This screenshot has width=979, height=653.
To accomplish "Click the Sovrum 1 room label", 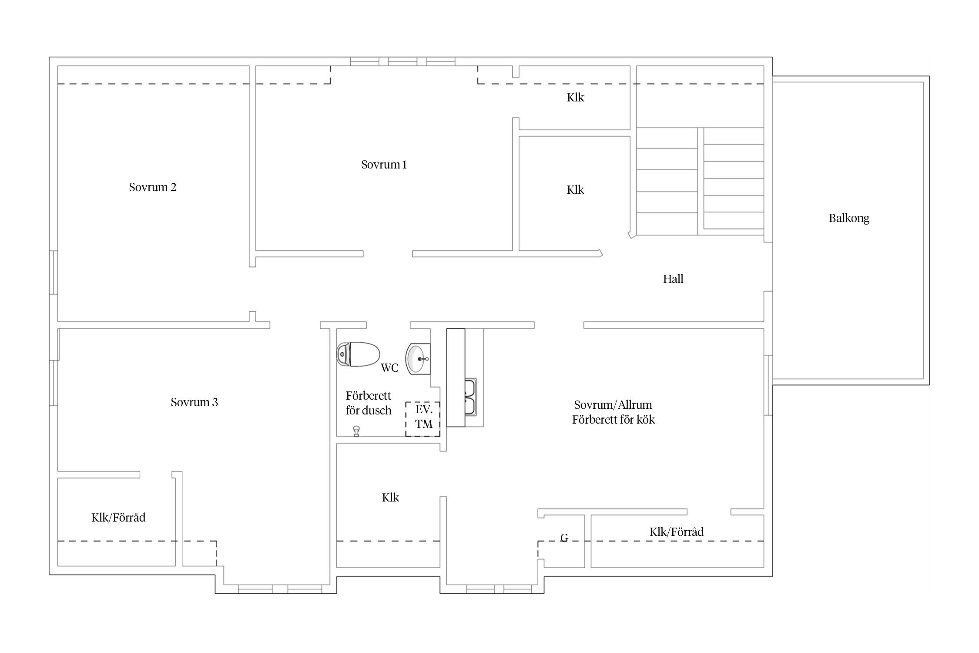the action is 384,165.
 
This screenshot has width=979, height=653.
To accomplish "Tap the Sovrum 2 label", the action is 153,187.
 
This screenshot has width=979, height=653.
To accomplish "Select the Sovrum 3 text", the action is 194,402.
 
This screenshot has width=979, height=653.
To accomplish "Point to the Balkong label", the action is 849,218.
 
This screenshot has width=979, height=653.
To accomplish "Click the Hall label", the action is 673,279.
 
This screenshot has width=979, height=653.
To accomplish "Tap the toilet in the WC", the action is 358,354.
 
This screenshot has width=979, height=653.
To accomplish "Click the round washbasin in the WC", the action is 418,359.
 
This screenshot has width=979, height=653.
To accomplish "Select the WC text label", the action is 389,368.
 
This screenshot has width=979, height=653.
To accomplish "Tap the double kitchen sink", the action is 470,397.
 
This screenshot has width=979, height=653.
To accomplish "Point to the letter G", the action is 564,538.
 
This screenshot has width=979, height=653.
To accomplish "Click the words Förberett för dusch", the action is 369,403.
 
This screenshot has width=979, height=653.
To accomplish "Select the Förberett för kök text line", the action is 613,420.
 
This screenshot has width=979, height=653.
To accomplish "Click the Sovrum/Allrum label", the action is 613,405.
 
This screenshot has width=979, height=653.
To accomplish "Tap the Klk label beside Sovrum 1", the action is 575,190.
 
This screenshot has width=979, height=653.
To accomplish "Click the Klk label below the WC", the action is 390,498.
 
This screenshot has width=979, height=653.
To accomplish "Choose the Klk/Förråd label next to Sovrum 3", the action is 118,518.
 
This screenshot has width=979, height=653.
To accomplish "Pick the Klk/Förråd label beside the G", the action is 677,532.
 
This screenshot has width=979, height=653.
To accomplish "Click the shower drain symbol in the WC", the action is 356,431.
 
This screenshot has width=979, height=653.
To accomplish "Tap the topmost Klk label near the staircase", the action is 575,98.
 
